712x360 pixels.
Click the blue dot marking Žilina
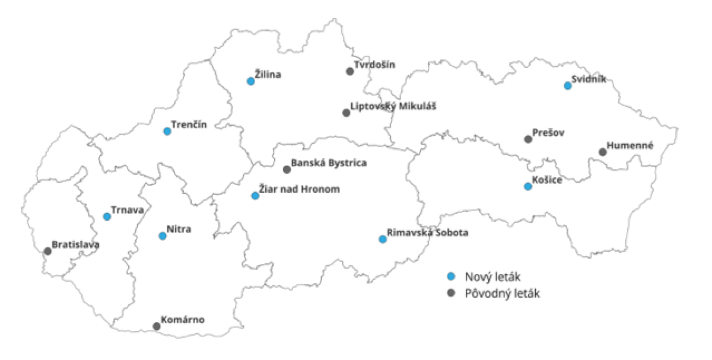pos(251,81)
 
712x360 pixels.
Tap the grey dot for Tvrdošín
pos(350,71)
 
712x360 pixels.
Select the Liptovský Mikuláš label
pos(393,107)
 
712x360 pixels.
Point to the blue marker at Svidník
pos(568,86)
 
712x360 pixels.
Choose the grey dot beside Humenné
pos(603,152)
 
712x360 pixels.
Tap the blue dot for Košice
pos(528,187)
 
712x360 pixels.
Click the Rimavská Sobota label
pos(427,233)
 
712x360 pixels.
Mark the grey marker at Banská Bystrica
pos(287,170)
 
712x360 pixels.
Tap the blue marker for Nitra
pos(163,236)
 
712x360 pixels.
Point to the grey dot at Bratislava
pos(48,251)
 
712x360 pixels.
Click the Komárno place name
pos(183,320)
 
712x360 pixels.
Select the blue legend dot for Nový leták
pos(451,276)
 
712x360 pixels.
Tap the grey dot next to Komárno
pos(157,327)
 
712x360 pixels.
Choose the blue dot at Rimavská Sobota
pos(383,240)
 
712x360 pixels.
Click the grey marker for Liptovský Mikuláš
pos(347,113)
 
